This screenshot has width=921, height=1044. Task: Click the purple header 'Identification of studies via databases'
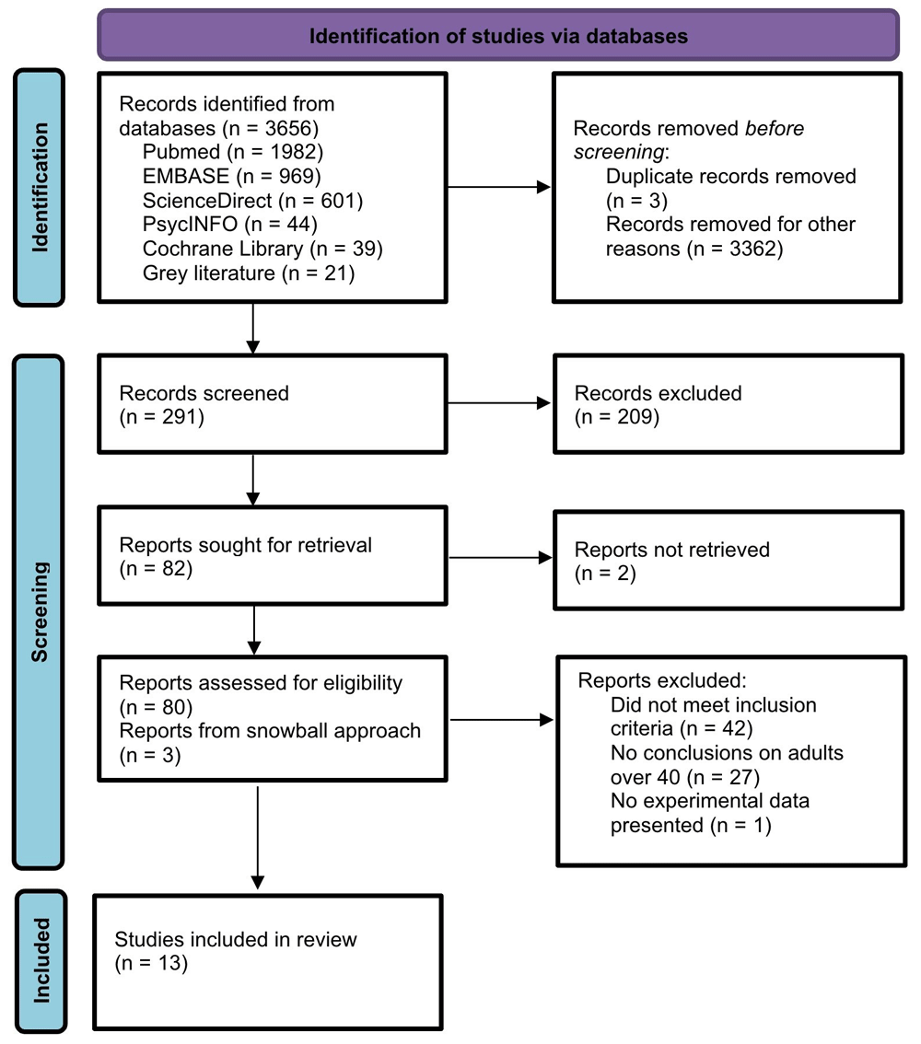click(498, 35)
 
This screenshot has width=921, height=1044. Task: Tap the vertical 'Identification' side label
click(40, 187)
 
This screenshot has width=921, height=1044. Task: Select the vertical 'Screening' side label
click(40, 612)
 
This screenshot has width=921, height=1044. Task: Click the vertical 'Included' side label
click(41, 961)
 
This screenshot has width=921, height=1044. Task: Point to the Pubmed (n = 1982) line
click(233, 152)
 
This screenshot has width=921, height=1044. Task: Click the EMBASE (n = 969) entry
click(232, 176)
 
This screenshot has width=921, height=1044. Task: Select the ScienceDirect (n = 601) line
click(252, 201)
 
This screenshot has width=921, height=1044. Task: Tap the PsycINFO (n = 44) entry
click(229, 225)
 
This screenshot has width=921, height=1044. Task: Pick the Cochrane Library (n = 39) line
click(262, 249)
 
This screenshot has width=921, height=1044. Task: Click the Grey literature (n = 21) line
click(249, 273)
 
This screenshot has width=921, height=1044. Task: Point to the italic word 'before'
click(775, 128)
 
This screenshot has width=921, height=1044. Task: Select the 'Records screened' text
click(204, 393)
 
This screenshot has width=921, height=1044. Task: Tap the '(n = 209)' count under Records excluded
click(617, 417)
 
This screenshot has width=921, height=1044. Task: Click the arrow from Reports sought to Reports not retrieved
click(500, 557)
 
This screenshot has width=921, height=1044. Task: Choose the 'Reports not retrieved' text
click(672, 550)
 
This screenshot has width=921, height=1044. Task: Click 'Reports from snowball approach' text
click(270, 730)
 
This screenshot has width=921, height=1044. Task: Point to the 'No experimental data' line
click(710, 800)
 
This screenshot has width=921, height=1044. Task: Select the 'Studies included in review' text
click(236, 939)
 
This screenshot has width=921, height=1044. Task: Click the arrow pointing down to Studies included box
click(257, 838)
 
